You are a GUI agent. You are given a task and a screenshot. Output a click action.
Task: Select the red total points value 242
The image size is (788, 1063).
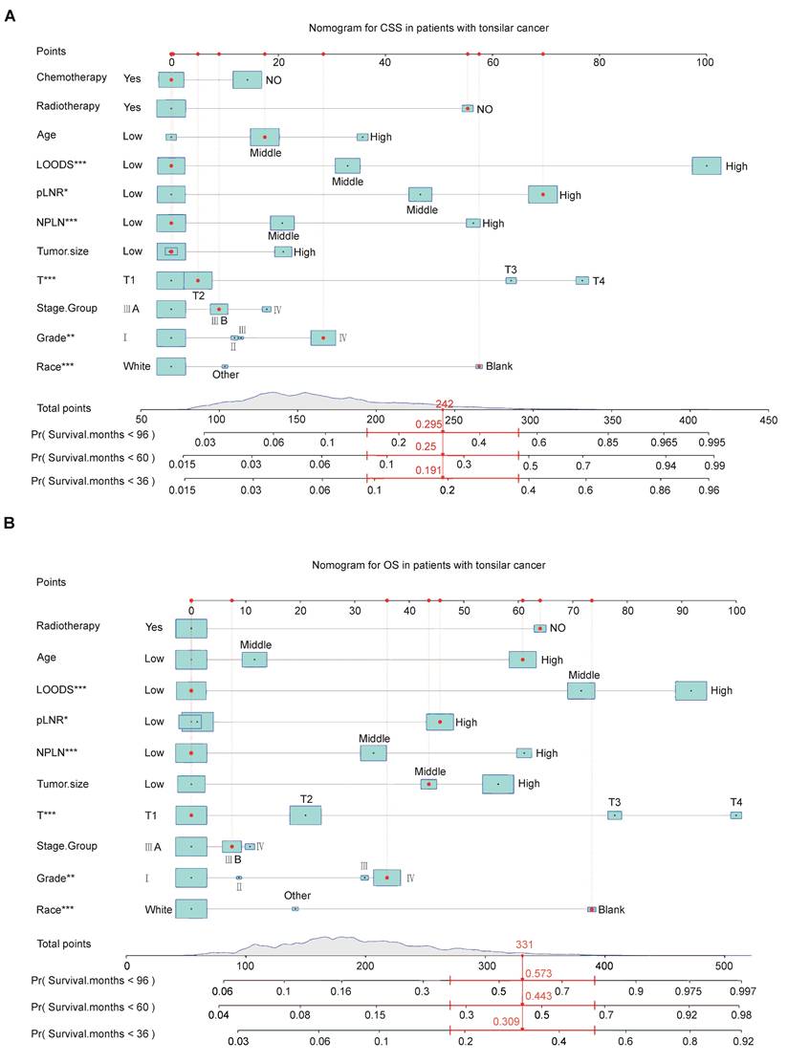coord(444,404)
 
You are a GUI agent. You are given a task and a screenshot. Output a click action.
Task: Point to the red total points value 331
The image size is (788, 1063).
coord(524,944)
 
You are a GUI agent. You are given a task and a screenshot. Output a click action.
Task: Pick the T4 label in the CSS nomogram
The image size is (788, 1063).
coord(599,281)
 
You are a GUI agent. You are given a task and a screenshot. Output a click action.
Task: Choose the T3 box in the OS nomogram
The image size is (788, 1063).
coord(614,815)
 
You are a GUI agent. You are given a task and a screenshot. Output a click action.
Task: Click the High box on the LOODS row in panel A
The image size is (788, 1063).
coord(706,165)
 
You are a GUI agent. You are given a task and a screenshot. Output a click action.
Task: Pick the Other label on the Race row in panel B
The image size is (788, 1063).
coord(297,896)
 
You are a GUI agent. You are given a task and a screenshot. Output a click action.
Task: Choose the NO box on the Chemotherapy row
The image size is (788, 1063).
coord(247,79)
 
